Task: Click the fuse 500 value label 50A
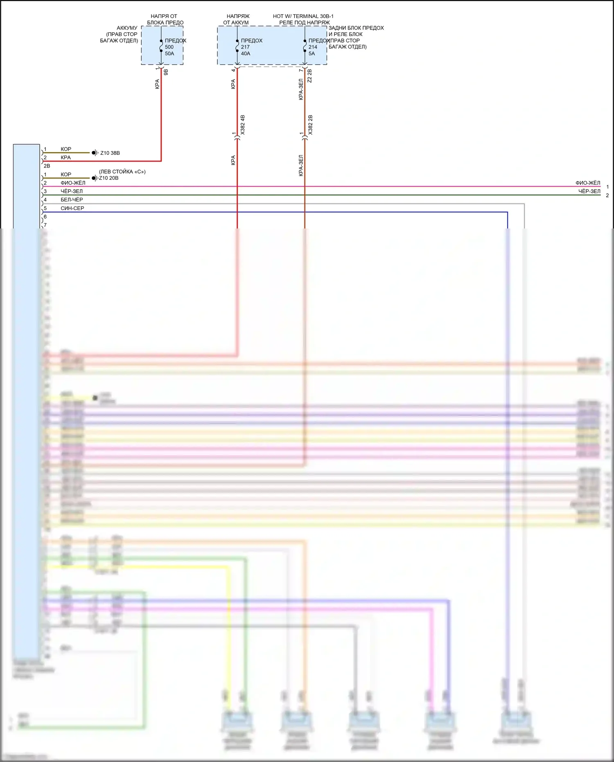pyautogui.click(x=169, y=54)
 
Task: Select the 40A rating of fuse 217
pyautogui.click(x=246, y=54)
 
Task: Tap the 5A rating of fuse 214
pyautogui.click(x=312, y=54)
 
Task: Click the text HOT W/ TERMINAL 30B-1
pyautogui.click(x=303, y=16)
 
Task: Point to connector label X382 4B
pyautogui.click(x=243, y=125)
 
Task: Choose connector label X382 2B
pyautogui.click(x=310, y=125)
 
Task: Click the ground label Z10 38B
pyautogui.click(x=110, y=153)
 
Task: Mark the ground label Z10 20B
pyautogui.click(x=109, y=178)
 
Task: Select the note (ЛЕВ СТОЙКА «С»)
pyautogui.click(x=122, y=172)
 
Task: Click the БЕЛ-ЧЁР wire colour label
pyautogui.click(x=72, y=200)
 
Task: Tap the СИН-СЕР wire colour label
pyautogui.click(x=72, y=208)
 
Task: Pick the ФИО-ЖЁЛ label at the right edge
pyautogui.click(x=588, y=183)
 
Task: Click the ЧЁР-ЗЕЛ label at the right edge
pyautogui.click(x=589, y=191)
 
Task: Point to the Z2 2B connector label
pyautogui.click(x=309, y=76)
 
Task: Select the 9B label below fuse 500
pyautogui.click(x=166, y=72)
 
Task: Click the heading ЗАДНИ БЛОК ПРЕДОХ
pyautogui.click(x=356, y=28)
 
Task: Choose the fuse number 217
pyautogui.click(x=245, y=47)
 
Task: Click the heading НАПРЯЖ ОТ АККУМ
pyautogui.click(x=237, y=19)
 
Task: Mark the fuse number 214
pyautogui.click(x=313, y=47)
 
